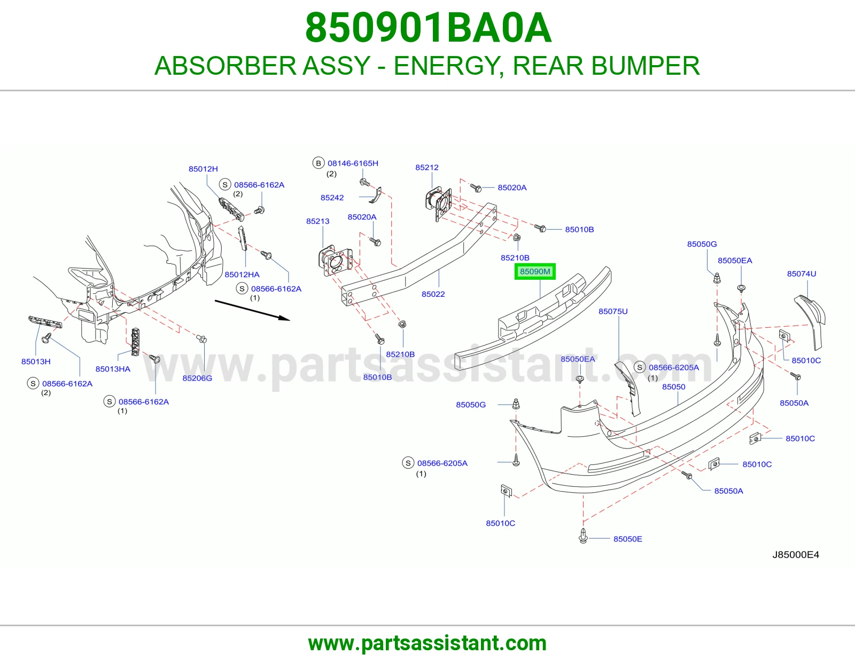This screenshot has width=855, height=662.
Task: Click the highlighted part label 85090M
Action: (535, 271)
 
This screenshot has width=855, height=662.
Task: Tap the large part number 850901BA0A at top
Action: (428, 28)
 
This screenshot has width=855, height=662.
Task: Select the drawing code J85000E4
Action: (796, 554)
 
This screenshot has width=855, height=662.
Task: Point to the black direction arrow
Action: (252, 310)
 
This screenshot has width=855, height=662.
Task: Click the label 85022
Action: (433, 294)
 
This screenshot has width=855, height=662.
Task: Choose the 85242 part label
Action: (332, 198)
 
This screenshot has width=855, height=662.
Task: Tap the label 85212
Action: (427, 167)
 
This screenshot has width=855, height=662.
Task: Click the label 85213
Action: (317, 221)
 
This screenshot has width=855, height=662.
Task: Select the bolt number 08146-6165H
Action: (353, 163)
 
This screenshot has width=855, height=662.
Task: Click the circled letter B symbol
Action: (318, 163)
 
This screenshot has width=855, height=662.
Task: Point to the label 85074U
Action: (802, 273)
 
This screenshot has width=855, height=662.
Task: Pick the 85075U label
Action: (613, 311)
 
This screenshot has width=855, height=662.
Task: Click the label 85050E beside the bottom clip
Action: (627, 539)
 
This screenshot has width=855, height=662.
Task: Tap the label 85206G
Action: (197, 378)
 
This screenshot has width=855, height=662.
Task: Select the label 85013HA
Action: (113, 369)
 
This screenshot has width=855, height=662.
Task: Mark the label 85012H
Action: (203, 169)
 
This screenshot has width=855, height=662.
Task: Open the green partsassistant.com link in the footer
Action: (428, 643)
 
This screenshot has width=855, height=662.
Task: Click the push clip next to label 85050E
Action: (583, 535)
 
